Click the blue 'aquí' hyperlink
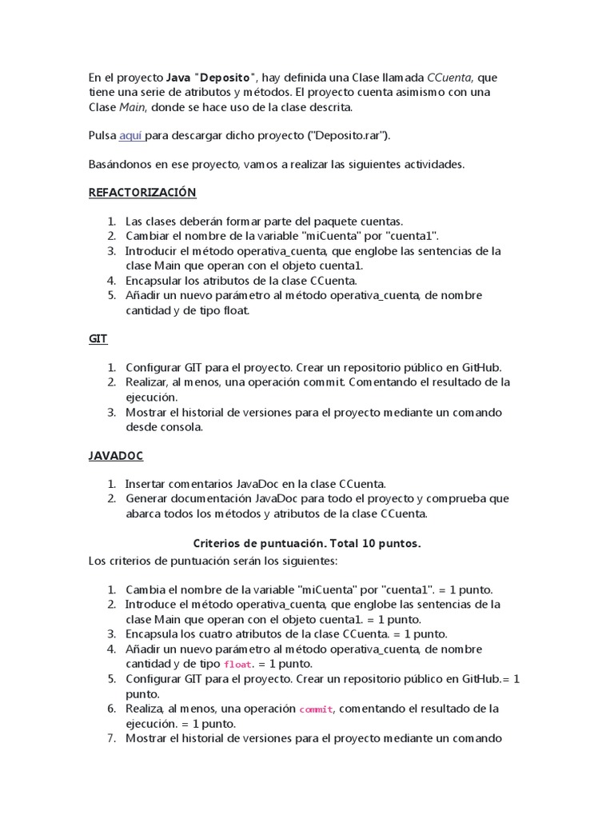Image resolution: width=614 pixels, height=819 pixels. click(x=130, y=136)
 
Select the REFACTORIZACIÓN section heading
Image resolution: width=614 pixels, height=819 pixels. click(x=142, y=193)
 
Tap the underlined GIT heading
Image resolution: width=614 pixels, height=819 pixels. click(x=98, y=339)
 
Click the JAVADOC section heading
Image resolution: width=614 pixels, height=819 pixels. click(x=115, y=456)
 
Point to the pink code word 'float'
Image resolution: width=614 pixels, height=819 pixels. click(x=237, y=665)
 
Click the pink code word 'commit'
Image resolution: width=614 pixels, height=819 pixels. click(x=313, y=709)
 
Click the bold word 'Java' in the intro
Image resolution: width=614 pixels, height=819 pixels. click(x=177, y=78)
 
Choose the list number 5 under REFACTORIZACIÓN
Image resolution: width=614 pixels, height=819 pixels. click(x=111, y=295)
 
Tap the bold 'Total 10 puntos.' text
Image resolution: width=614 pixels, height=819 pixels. click(x=373, y=543)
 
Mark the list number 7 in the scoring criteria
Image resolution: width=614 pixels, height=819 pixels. click(x=111, y=737)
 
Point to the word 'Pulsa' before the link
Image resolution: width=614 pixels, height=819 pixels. click(x=102, y=136)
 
